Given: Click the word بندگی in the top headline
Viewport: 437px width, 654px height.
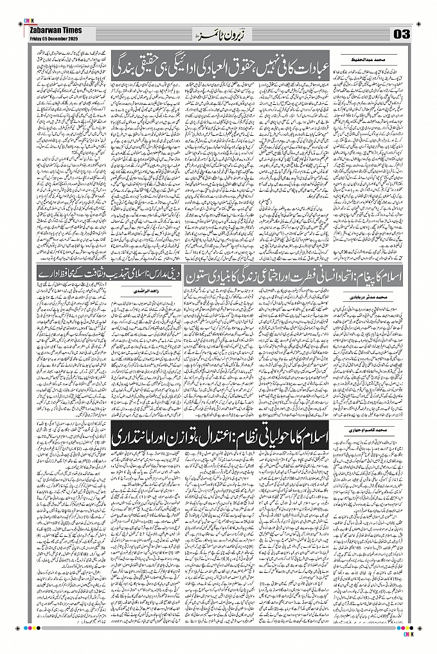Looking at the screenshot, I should pyautogui.click(x=136, y=65).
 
